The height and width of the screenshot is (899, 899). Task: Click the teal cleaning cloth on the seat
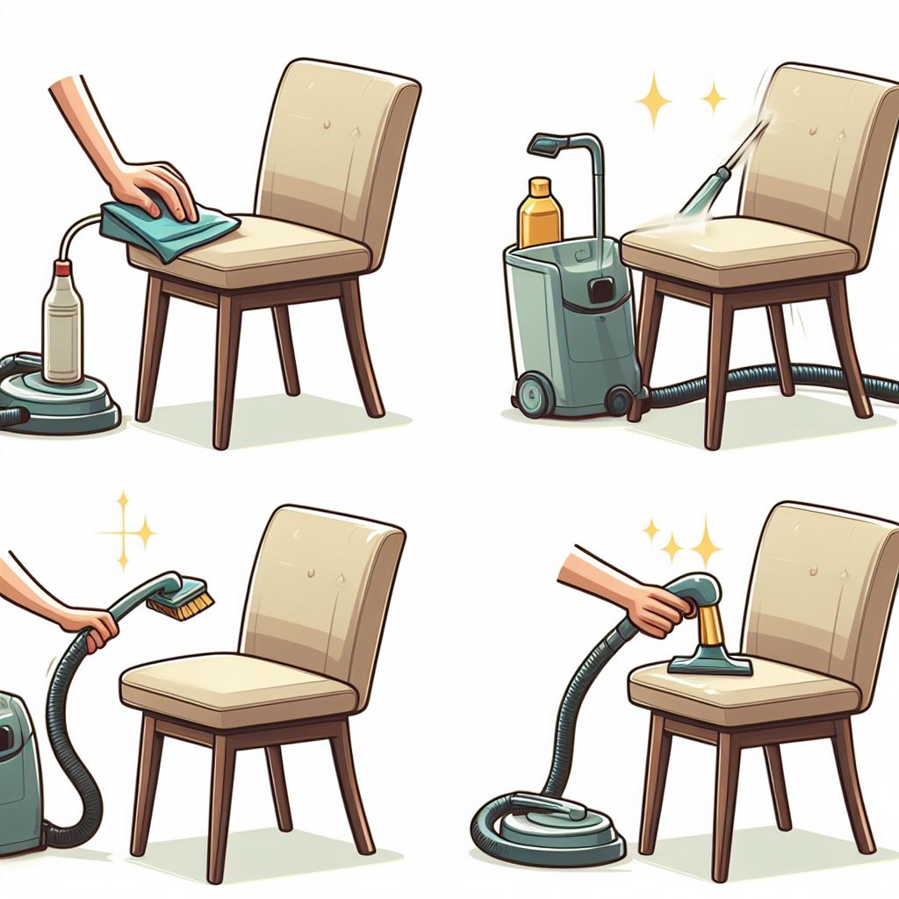click(x=167, y=227)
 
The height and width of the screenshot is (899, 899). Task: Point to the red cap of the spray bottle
click(x=61, y=267)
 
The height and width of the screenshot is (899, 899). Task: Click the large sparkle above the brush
click(x=123, y=531)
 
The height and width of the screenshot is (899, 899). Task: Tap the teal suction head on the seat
click(x=709, y=663)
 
